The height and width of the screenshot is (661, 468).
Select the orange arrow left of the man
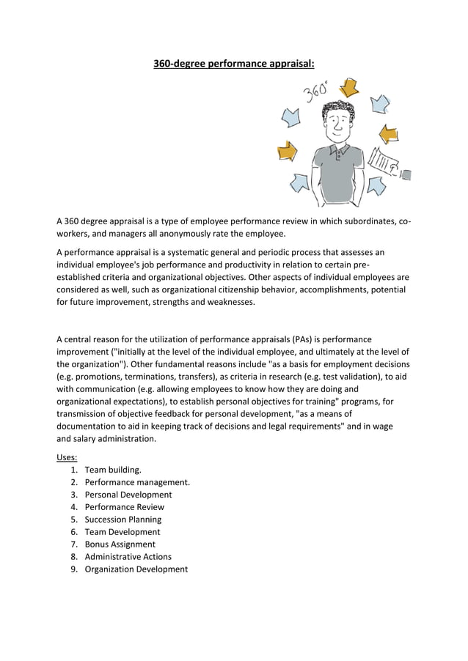(287, 152)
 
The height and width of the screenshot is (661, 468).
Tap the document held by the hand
(386, 164)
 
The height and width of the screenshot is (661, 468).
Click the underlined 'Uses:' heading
(67, 457)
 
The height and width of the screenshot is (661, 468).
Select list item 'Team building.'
(113, 470)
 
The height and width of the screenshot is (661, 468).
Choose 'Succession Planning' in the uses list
(123, 520)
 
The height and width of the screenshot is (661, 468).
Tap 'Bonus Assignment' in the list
(120, 544)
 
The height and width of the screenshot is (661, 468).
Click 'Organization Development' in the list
(136, 569)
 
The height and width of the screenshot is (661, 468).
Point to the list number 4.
(74, 507)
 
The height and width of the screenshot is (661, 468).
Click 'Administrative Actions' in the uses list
(128, 557)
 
